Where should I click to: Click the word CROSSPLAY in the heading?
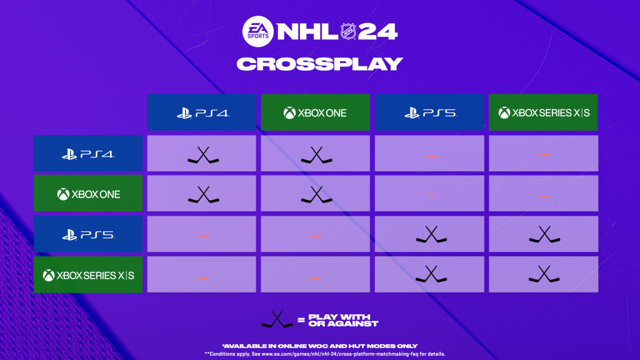click(320, 64)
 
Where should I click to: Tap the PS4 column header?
click(201, 113)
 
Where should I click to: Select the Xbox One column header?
click(315, 113)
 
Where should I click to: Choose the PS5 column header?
click(429, 113)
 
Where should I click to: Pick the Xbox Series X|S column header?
click(543, 113)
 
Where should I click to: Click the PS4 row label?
click(88, 154)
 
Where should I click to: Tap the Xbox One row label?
click(88, 194)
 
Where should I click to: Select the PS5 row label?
click(88, 235)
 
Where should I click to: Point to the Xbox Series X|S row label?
click(88, 275)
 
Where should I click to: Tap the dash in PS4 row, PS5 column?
click(431, 155)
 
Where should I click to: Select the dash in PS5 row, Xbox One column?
click(315, 235)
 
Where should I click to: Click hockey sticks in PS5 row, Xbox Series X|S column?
click(544, 235)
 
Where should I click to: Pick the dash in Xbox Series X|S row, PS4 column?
click(203, 277)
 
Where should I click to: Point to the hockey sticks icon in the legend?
click(277, 320)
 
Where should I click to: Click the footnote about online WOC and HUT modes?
click(320, 346)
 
